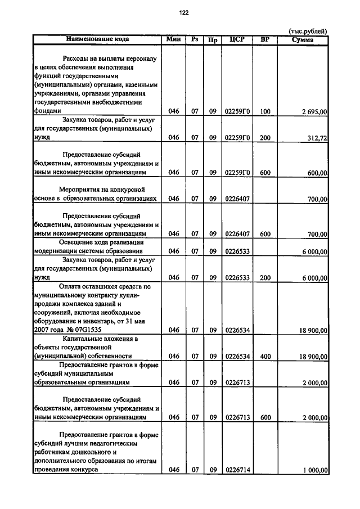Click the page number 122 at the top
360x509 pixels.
[x=183, y=12]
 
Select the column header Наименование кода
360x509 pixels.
[x=97, y=39]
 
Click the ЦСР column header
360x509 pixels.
[x=237, y=39]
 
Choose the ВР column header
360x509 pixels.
[x=265, y=39]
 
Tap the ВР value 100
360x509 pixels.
[x=265, y=112]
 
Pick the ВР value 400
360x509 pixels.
[x=265, y=356]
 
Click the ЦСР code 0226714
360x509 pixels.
[x=237, y=470]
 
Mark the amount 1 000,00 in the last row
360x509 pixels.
[x=314, y=470]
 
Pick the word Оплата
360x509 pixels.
[x=70, y=286]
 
